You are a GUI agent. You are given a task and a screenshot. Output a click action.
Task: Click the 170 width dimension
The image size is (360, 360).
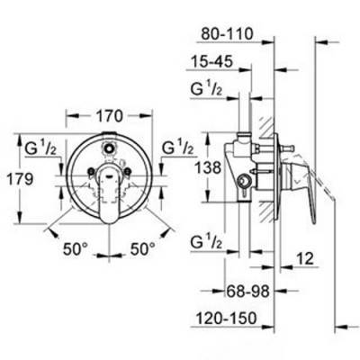(x=109, y=116)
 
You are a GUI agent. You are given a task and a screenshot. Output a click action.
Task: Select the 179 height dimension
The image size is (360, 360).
(x=20, y=179)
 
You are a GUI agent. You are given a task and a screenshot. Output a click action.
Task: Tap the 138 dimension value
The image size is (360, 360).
(x=208, y=167)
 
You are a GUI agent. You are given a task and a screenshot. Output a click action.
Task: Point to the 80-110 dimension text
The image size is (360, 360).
(x=227, y=34)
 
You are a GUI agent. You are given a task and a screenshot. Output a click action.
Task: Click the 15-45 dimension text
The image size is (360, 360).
(x=211, y=61)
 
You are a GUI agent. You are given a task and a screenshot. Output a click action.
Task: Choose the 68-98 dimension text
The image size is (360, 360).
(x=247, y=291)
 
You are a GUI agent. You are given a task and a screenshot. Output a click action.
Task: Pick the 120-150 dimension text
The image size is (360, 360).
(x=227, y=318)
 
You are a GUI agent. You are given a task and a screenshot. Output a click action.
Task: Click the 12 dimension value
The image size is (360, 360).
(x=304, y=258)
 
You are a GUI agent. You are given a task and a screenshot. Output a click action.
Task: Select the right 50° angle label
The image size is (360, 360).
(x=143, y=248)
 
